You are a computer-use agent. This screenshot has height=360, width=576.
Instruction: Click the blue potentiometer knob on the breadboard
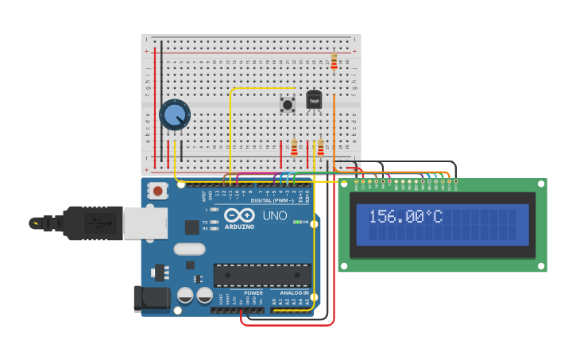174,114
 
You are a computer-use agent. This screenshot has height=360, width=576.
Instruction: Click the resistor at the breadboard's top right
334,61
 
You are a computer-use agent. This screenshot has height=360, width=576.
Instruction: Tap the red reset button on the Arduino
158,190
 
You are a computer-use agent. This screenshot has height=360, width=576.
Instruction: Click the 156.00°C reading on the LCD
405,217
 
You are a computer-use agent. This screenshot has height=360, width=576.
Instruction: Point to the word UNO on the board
275,215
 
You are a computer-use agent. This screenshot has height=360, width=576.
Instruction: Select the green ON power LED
297,222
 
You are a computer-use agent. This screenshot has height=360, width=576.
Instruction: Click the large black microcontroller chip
262,275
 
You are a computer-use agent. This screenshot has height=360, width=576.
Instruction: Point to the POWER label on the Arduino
253,293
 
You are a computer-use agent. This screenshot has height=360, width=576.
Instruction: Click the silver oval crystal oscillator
190,249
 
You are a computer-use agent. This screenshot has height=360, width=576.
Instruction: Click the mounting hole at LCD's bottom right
541,265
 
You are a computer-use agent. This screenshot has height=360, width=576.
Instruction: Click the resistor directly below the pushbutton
294,148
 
